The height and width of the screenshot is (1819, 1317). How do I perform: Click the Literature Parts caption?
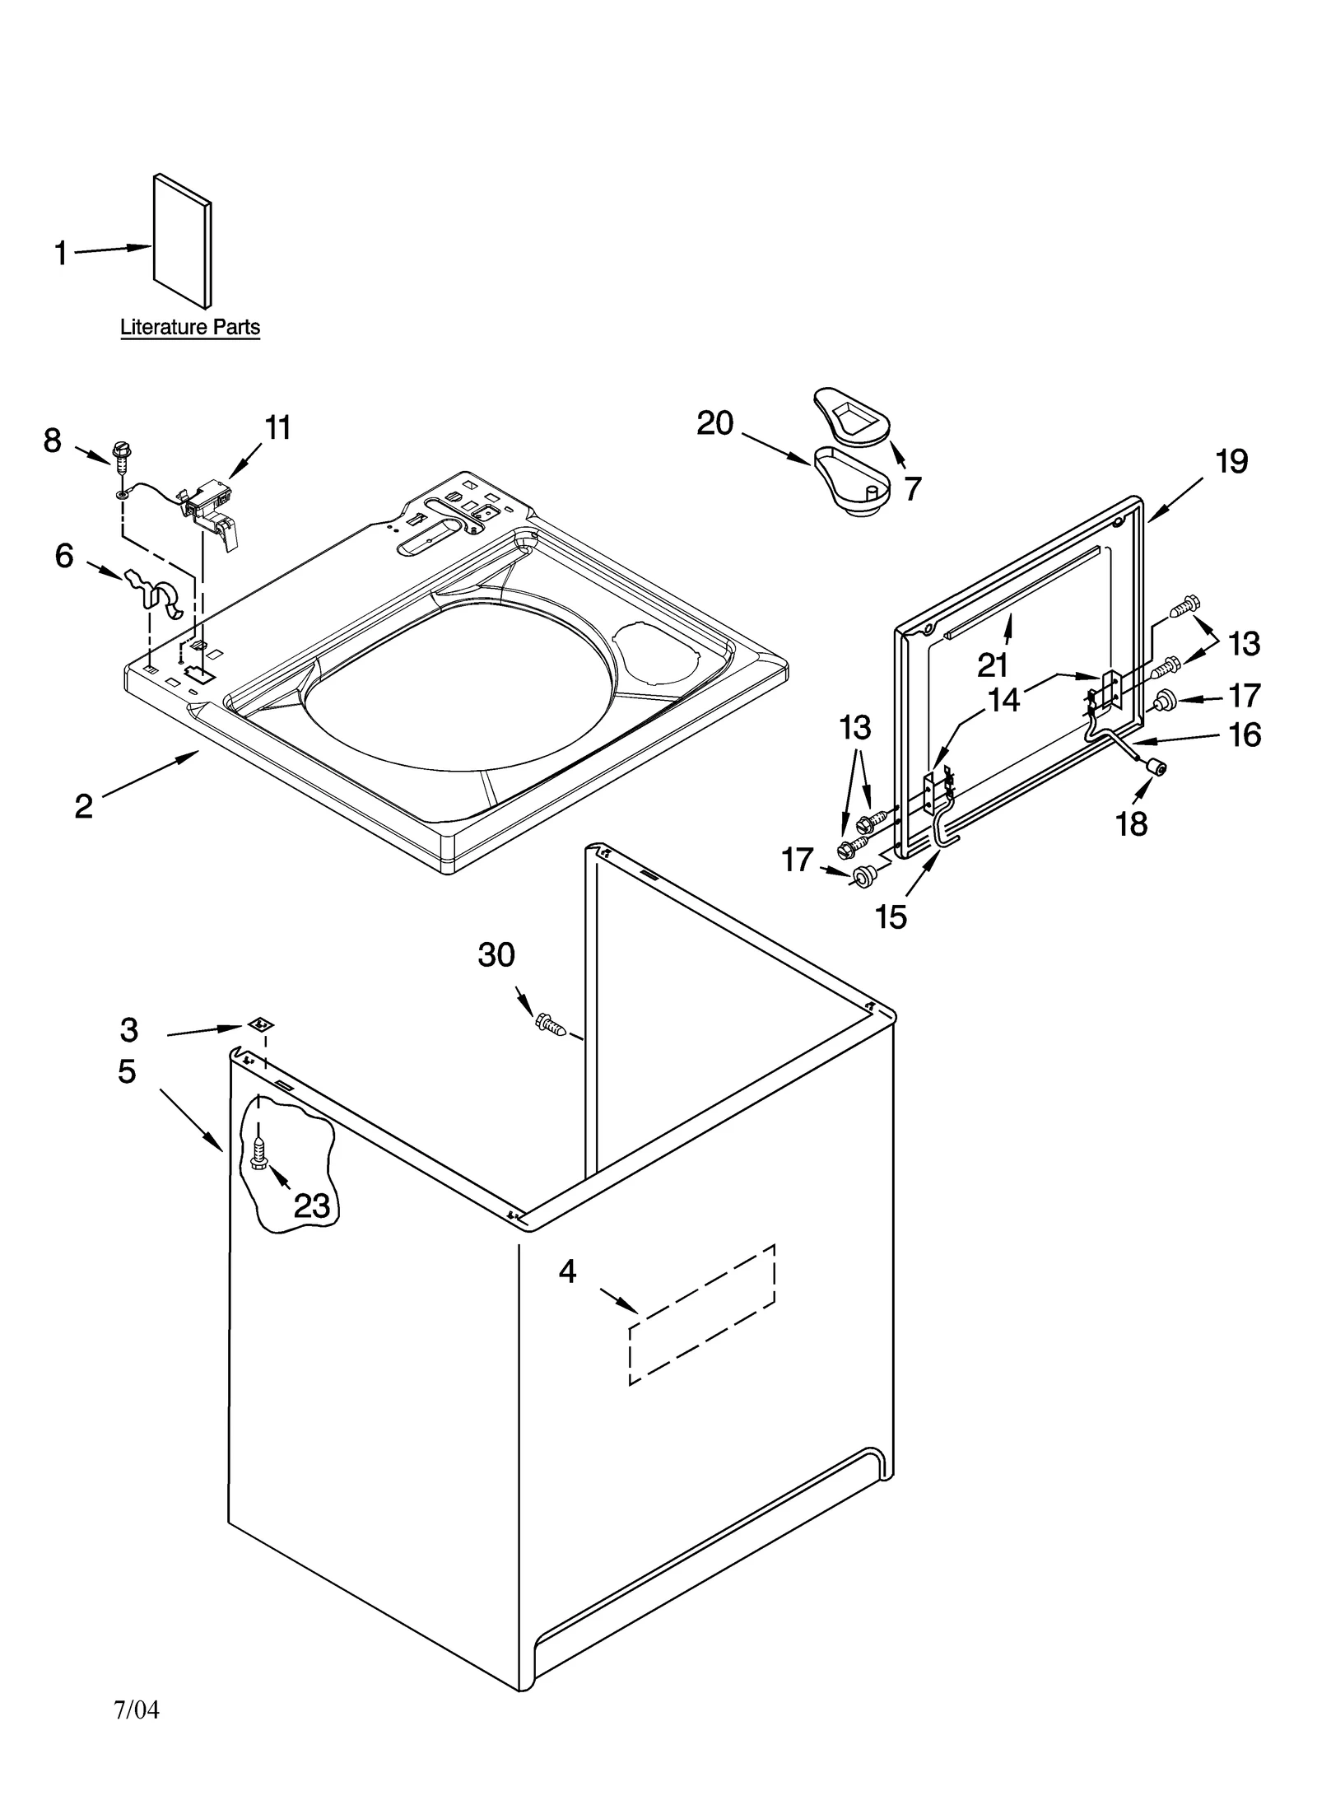[190, 327]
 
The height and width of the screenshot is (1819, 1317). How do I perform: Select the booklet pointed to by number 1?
[182, 240]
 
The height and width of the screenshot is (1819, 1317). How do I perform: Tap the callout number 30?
[496, 955]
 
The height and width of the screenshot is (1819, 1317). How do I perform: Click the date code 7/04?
[137, 1709]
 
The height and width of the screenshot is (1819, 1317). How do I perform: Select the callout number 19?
[1231, 462]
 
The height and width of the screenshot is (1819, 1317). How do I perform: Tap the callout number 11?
[278, 428]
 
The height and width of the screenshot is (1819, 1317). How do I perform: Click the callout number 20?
[714, 423]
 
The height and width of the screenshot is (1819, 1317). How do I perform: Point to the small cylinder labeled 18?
[1156, 768]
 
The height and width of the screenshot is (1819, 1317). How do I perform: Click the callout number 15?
[891, 916]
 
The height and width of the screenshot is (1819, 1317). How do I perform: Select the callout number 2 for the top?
[84, 806]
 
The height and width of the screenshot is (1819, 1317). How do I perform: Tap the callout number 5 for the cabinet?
[127, 1071]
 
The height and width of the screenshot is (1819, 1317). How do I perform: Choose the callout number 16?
[1245, 735]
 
